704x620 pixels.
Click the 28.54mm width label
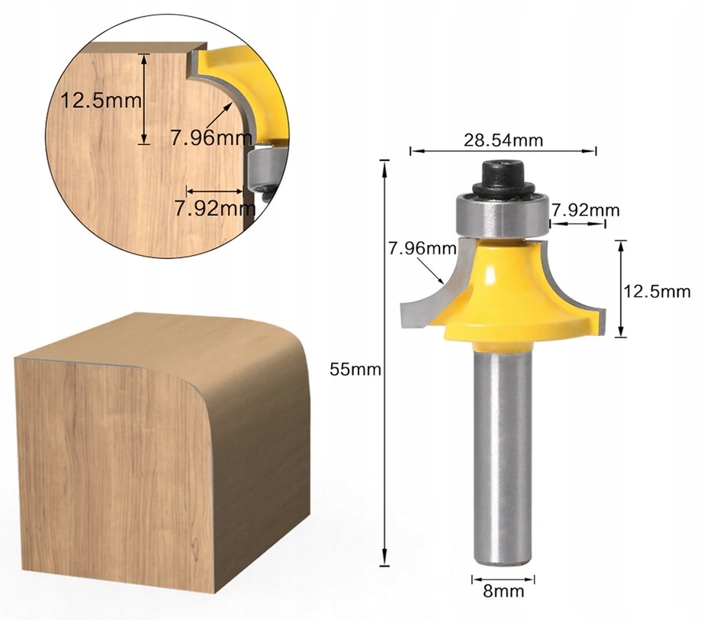tap(503, 140)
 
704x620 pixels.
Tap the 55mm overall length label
tap(355, 369)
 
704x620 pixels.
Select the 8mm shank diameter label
tap(498, 592)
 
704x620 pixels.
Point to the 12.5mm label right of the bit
tap(657, 291)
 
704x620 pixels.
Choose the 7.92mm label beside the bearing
tap(586, 209)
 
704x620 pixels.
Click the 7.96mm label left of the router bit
tap(417, 248)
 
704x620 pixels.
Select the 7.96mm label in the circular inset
tap(211, 138)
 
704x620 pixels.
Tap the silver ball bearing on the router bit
tap(501, 215)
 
